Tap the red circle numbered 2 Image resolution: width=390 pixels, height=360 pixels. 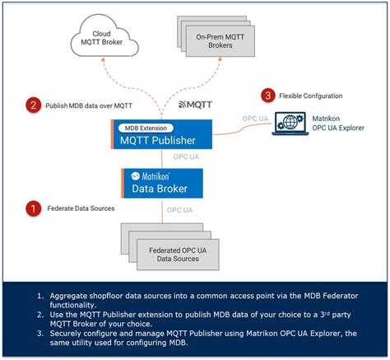point(33,105)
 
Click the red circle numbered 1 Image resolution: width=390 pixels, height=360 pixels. point(33,208)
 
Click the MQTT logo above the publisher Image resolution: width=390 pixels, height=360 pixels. point(197,105)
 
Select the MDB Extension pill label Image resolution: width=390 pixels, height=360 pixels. point(141,128)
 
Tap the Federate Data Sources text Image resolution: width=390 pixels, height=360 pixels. point(77,208)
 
